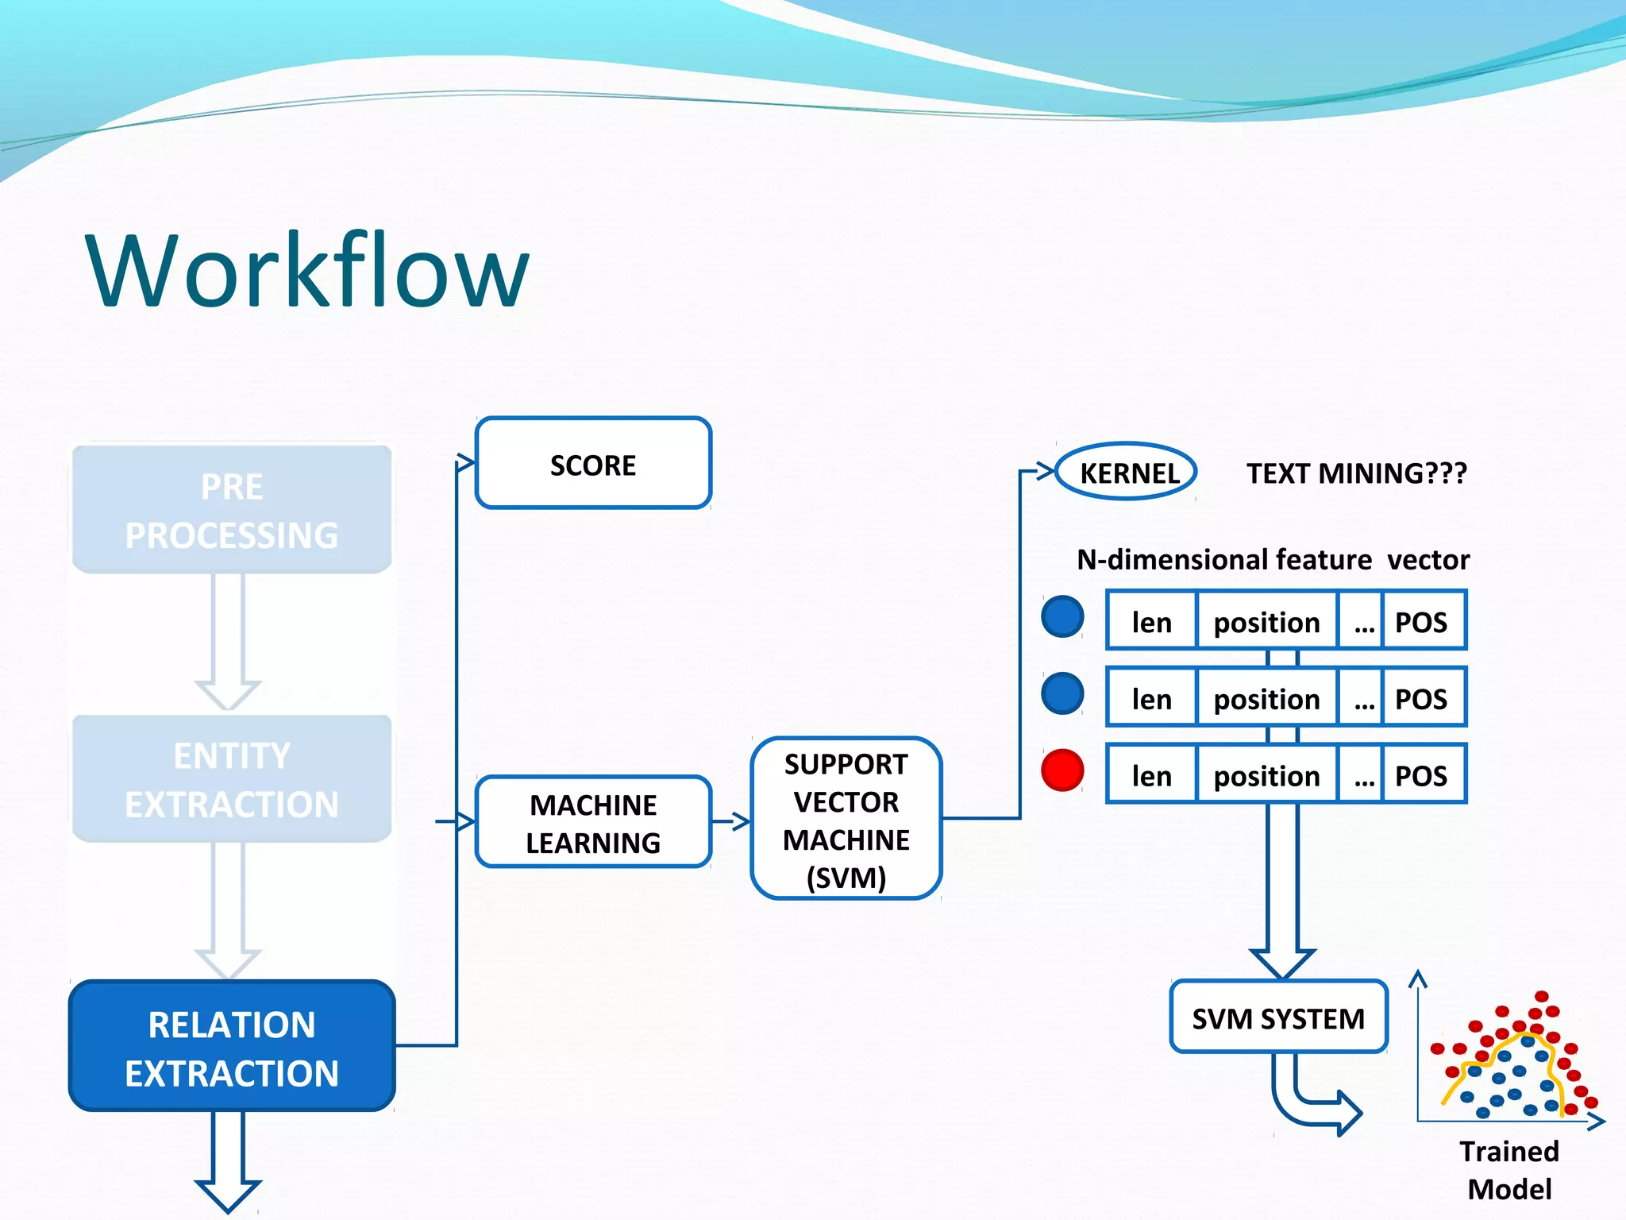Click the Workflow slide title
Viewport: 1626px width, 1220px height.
click(306, 270)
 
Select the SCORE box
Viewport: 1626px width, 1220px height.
click(593, 463)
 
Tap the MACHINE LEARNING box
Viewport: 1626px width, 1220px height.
click(593, 822)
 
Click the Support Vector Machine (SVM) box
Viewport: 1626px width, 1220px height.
click(846, 819)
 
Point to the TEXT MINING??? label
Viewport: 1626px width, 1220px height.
click(1356, 473)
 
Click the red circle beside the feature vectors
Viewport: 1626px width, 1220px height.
click(1062, 770)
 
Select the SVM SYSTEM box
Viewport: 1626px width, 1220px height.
click(1278, 1017)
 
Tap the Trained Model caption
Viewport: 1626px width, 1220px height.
click(1508, 1169)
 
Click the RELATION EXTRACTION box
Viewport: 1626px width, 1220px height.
click(232, 1046)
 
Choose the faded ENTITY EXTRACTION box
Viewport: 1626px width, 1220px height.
click(232, 778)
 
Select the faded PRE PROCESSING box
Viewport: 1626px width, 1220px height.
click(232, 510)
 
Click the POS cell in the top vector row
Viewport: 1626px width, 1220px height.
click(1422, 621)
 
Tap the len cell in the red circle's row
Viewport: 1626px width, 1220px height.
click(1151, 775)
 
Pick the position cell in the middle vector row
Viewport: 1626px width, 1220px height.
click(1266, 698)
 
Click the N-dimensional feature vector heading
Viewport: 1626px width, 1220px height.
click(1273, 560)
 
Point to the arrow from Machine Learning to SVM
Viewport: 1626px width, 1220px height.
click(731, 821)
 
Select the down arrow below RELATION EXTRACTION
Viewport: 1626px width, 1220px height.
click(228, 1160)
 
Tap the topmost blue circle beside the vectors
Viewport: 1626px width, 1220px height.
click(1062, 616)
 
